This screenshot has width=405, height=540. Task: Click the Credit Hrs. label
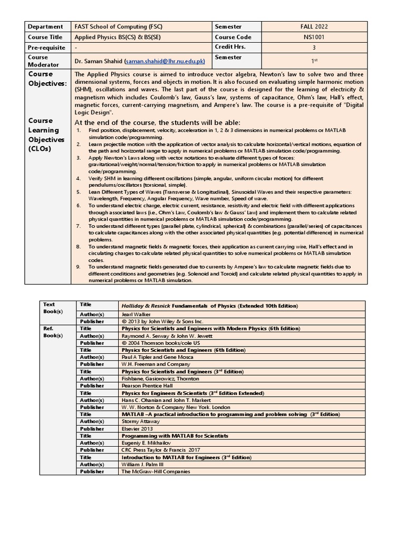click(x=229, y=47)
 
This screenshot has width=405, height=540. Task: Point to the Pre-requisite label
click(x=46, y=47)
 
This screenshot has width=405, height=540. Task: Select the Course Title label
click(x=45, y=37)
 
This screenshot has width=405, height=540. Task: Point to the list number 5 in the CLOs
click(x=78, y=192)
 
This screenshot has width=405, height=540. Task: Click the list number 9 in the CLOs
click(x=78, y=267)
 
